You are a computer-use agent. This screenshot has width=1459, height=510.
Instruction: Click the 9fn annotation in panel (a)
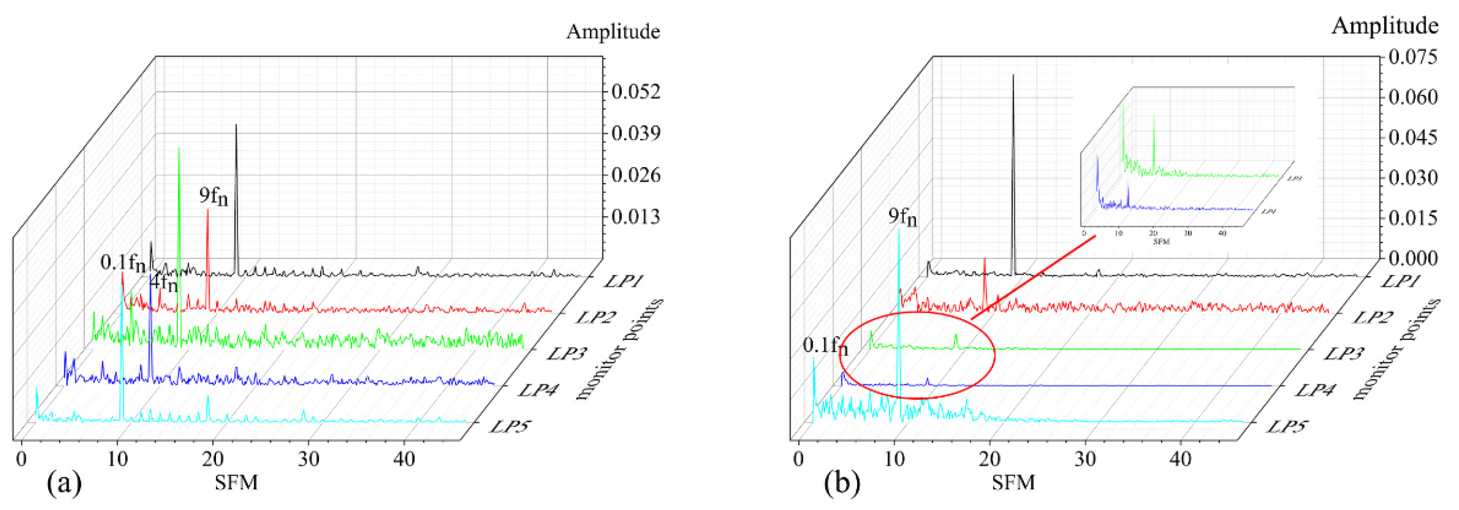(213, 196)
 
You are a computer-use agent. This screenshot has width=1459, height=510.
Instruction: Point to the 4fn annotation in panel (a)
(164, 282)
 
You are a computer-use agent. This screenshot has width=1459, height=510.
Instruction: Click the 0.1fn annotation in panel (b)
(825, 346)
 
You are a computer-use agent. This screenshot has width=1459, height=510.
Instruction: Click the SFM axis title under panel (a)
(236, 483)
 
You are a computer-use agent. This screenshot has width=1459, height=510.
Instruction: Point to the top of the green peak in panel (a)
(179, 148)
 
